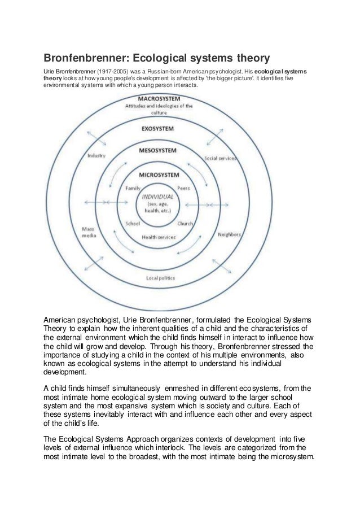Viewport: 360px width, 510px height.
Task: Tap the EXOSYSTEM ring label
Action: [x=157, y=128]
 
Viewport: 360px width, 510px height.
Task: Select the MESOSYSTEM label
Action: [x=157, y=151]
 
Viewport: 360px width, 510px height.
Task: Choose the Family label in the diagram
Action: [x=133, y=187]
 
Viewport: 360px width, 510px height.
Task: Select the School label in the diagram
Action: [x=133, y=223]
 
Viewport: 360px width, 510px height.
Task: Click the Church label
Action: [x=185, y=224]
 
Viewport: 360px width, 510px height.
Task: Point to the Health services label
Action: [x=159, y=237]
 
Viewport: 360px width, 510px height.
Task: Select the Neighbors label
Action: [x=229, y=234]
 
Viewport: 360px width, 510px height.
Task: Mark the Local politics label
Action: [x=160, y=278]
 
